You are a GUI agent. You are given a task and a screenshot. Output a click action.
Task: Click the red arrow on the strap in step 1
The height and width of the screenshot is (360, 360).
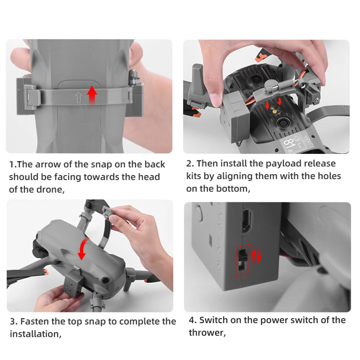tap(92, 95)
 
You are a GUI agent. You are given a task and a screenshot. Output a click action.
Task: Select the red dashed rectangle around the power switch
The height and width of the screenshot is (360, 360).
tap(243, 260)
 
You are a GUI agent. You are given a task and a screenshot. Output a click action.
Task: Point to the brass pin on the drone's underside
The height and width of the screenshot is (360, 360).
tap(273, 111)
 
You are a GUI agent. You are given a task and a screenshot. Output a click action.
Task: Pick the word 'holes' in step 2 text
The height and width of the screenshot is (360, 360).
tap(329, 176)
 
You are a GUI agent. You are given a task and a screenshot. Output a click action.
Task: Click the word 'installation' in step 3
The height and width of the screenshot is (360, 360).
tap(35, 334)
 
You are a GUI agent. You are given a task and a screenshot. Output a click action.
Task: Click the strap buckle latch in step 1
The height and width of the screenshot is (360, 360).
tap(31, 96)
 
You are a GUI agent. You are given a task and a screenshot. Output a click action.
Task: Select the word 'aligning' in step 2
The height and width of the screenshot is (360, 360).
tap(234, 176)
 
